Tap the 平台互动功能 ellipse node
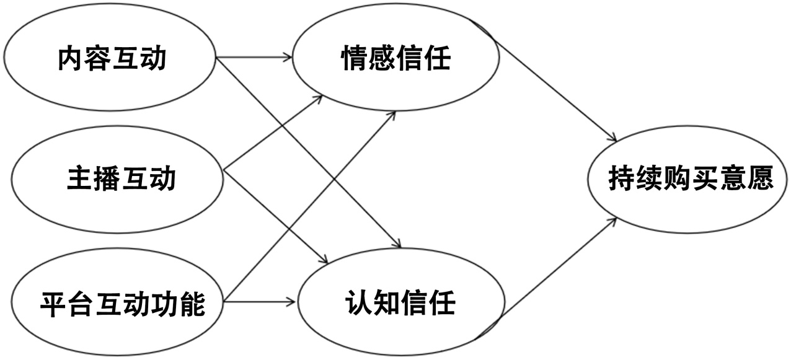point(118,304)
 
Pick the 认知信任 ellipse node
point(400,304)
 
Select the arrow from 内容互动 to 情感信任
point(254,59)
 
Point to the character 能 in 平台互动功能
point(194,304)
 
